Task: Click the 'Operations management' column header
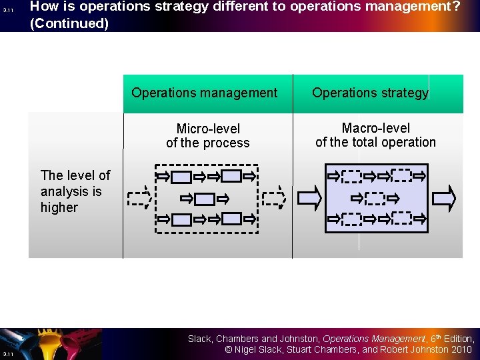coord(204,93)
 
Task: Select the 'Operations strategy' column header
coord(370,93)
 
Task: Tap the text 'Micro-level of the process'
coord(207,135)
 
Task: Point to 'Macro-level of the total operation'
coord(375,135)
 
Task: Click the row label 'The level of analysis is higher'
coord(75,191)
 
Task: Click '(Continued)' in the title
coord(69,23)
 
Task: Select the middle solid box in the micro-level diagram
coord(205,199)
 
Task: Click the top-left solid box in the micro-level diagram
coord(181,177)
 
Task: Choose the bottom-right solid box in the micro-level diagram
coord(231,219)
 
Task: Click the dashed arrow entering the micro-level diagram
coord(138,198)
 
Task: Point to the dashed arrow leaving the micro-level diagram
coord(273,198)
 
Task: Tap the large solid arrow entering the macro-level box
coord(309,198)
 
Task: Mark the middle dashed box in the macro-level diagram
coord(375,198)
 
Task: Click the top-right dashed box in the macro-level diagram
coord(401,176)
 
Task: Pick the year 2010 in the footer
coord(461,349)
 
